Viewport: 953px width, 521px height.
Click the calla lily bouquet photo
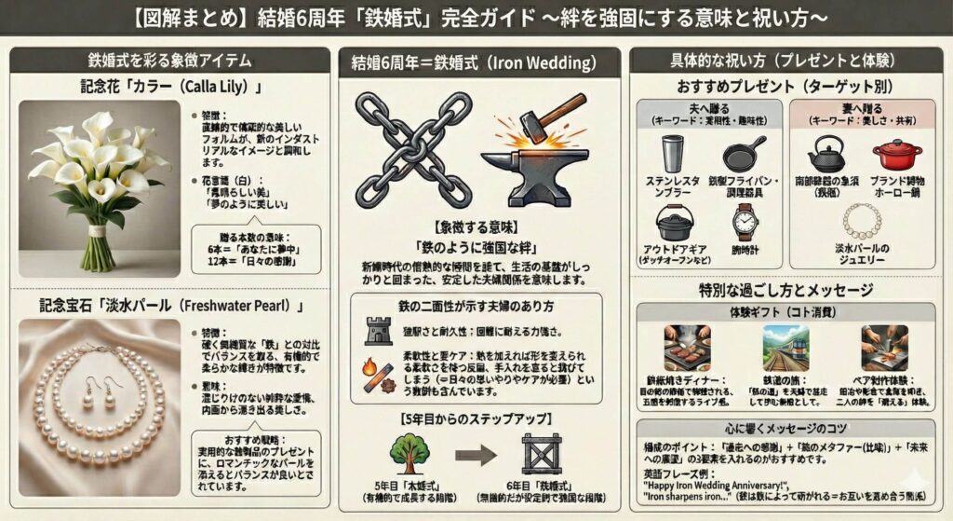point(99,186)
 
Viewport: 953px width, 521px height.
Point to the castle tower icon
point(379,328)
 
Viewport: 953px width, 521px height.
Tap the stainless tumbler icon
point(672,154)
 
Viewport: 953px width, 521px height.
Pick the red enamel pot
point(897,154)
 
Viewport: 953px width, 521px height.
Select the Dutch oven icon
point(675,224)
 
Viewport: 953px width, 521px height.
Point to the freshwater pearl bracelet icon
point(862,222)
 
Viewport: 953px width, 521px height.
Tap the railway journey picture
point(787,348)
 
